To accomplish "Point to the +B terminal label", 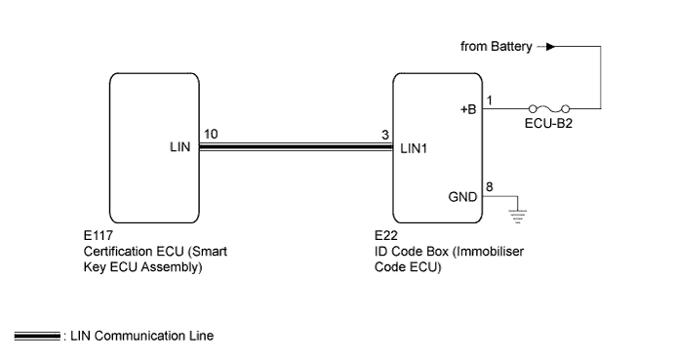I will [x=468, y=110].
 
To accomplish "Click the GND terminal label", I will [x=463, y=195].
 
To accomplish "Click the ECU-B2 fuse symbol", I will [x=550, y=109].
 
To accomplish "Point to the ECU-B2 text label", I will [x=549, y=126].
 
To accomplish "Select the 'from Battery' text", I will [x=495, y=46].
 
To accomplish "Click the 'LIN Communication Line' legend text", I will [x=142, y=337].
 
